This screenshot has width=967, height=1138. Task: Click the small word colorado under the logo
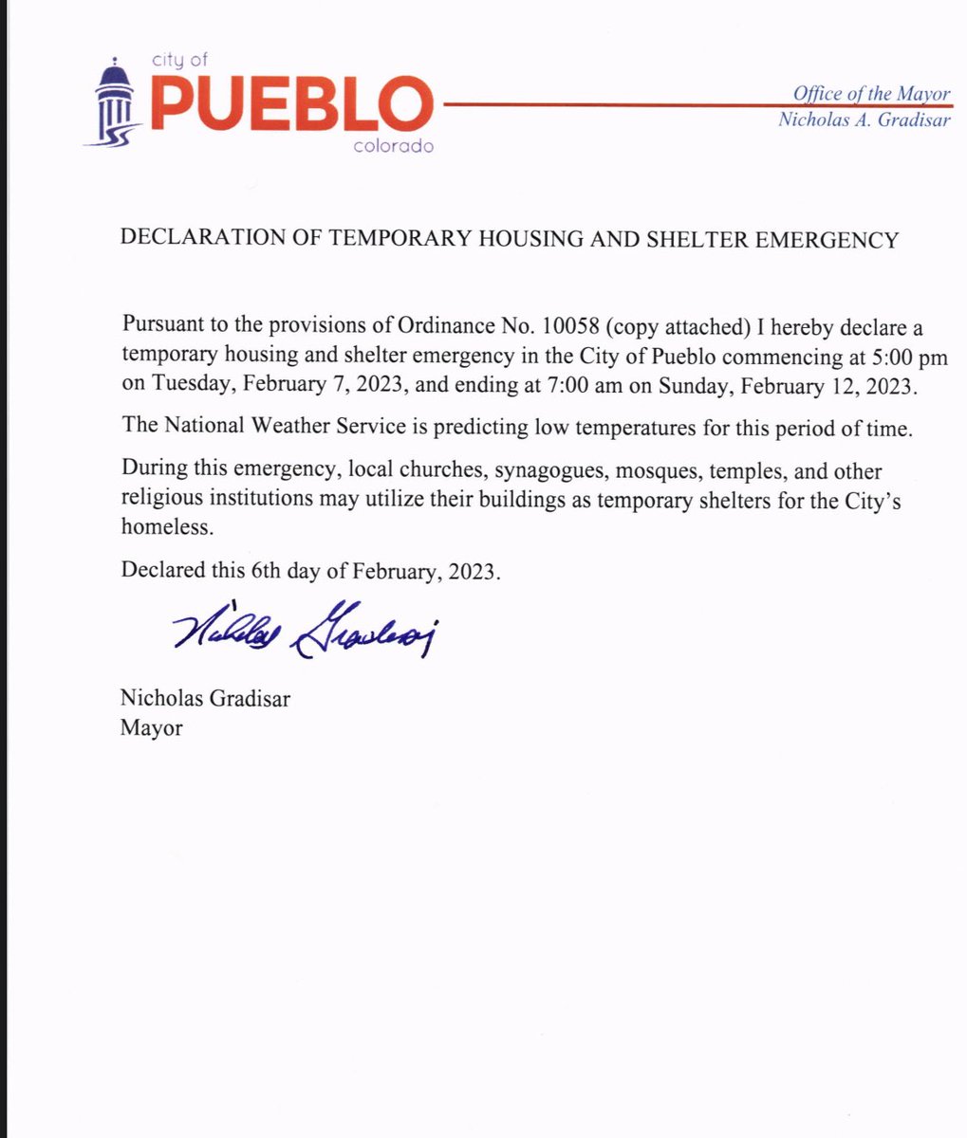(392, 147)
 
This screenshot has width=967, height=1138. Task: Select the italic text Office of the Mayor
(871, 93)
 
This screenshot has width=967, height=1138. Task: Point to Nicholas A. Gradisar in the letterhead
(864, 119)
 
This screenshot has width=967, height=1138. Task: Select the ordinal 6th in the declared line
(262, 572)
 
